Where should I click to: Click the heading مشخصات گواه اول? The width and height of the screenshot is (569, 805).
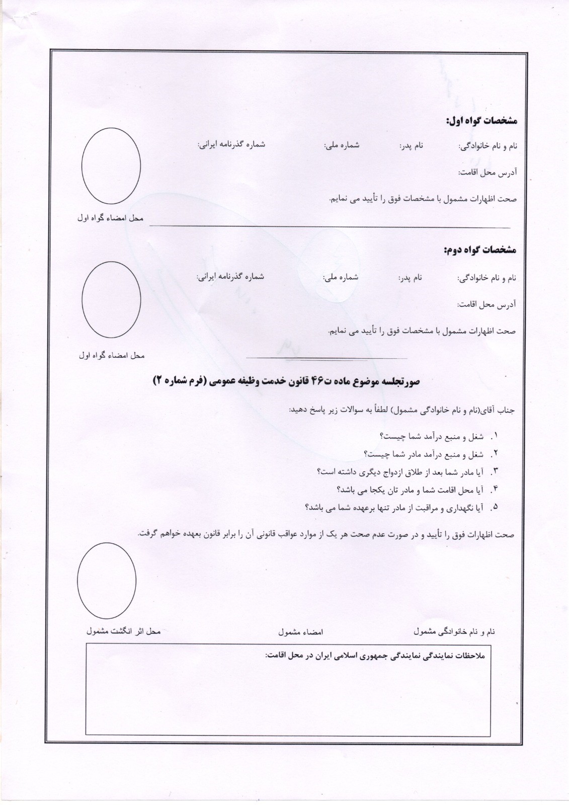[481, 121]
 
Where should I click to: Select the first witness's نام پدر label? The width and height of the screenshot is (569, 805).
[412, 146]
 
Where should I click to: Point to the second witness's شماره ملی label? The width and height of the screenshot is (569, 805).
[341, 276]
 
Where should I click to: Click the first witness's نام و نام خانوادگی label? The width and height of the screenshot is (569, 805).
[487, 147]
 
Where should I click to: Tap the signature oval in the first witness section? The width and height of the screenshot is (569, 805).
[111, 166]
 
